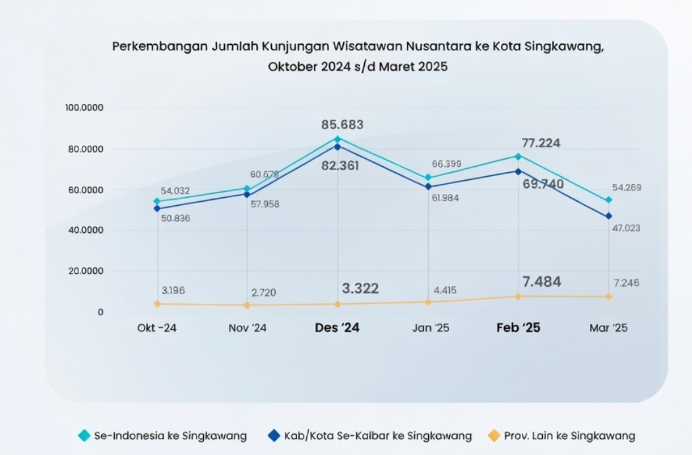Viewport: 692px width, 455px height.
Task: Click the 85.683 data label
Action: coord(342,125)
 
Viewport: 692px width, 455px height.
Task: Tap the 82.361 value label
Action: coord(340,166)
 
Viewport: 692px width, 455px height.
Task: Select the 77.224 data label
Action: coord(540,143)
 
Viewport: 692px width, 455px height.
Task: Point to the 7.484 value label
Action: coord(542,282)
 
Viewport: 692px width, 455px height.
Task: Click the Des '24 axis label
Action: coord(337,328)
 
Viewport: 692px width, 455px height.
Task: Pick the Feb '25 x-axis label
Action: coord(518,328)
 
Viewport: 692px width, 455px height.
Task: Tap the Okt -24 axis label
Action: coord(157,328)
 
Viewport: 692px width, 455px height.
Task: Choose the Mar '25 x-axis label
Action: coord(608,328)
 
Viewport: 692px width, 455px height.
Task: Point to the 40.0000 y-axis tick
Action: coord(86,230)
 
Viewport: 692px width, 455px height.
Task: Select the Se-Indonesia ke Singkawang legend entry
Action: coord(162,436)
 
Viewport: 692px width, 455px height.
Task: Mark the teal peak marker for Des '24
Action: coord(338,139)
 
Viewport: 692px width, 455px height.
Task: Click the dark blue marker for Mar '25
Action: coord(608,216)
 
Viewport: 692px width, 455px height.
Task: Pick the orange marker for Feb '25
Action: coord(518,296)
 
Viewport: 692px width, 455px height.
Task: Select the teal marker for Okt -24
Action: coord(157,201)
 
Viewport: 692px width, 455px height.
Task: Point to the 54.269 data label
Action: coord(627,188)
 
